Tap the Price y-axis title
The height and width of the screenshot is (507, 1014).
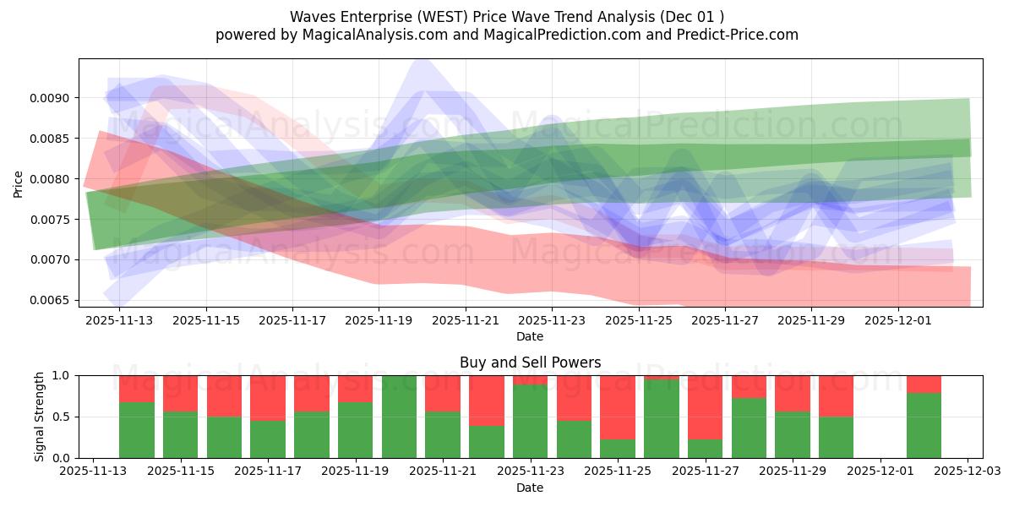click(x=19, y=183)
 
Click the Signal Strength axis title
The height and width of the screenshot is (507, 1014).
click(x=39, y=417)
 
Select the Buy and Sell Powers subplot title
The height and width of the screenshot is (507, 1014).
click(x=530, y=363)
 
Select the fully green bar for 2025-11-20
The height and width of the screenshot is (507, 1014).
click(x=399, y=417)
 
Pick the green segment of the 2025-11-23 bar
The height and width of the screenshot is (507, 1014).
click(x=530, y=421)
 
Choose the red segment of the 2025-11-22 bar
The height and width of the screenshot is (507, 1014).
click(x=487, y=400)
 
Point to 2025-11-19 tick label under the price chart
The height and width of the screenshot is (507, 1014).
click(x=379, y=321)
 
